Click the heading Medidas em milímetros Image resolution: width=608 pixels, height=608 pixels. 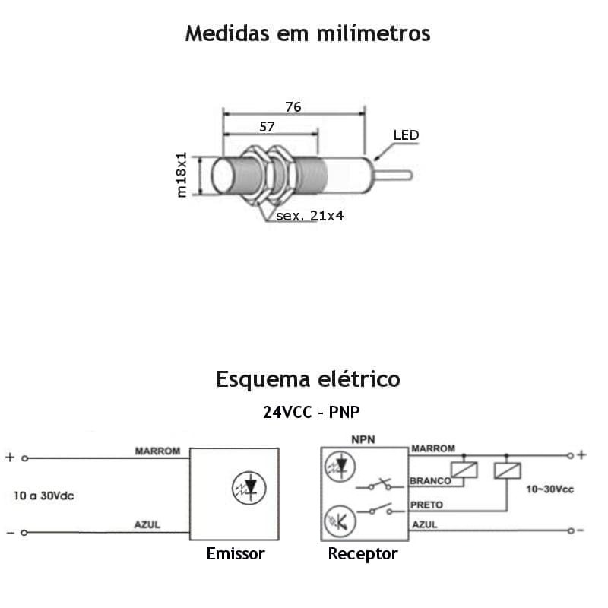pos(308,34)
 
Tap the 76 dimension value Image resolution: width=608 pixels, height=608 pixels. pos(293,107)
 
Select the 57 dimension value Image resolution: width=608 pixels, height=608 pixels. pos(267,127)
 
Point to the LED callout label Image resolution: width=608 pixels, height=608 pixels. pos(406,135)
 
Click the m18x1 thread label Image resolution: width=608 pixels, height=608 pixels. pos(182,175)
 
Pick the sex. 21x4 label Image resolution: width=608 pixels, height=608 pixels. pos(310,216)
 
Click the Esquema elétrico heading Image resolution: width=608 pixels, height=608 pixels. pos(308,378)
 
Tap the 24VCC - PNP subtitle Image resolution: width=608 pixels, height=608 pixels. pos(312,412)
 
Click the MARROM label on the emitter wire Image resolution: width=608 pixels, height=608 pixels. pos(157,451)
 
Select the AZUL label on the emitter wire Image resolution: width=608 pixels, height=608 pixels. pos(147,525)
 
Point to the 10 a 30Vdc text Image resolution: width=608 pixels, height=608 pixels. pos(43,496)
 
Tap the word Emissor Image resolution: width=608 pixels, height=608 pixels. pos(236,553)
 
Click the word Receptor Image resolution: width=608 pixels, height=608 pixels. pos(363,553)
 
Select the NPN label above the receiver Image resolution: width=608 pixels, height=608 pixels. pos(364,439)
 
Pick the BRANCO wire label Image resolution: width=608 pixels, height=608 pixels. pos(430,480)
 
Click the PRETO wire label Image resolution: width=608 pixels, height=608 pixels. pos(426,505)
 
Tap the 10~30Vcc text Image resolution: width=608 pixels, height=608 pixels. pos(550,489)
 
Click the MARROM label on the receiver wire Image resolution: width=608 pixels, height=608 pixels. pos(433,448)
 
